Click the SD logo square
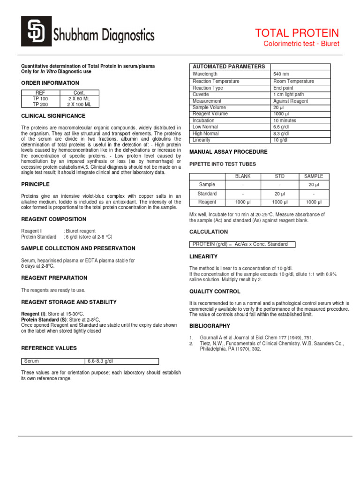(38, 34)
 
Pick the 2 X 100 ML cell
(79, 105)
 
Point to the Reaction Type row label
(208, 88)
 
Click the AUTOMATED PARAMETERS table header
(229, 67)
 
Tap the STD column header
(279, 176)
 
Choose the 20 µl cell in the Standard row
(279, 194)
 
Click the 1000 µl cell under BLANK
(243, 202)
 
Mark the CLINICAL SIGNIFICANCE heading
(53, 116)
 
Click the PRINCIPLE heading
(36, 184)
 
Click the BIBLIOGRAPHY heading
(210, 326)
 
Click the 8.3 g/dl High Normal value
(281, 134)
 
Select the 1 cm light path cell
(288, 94)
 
